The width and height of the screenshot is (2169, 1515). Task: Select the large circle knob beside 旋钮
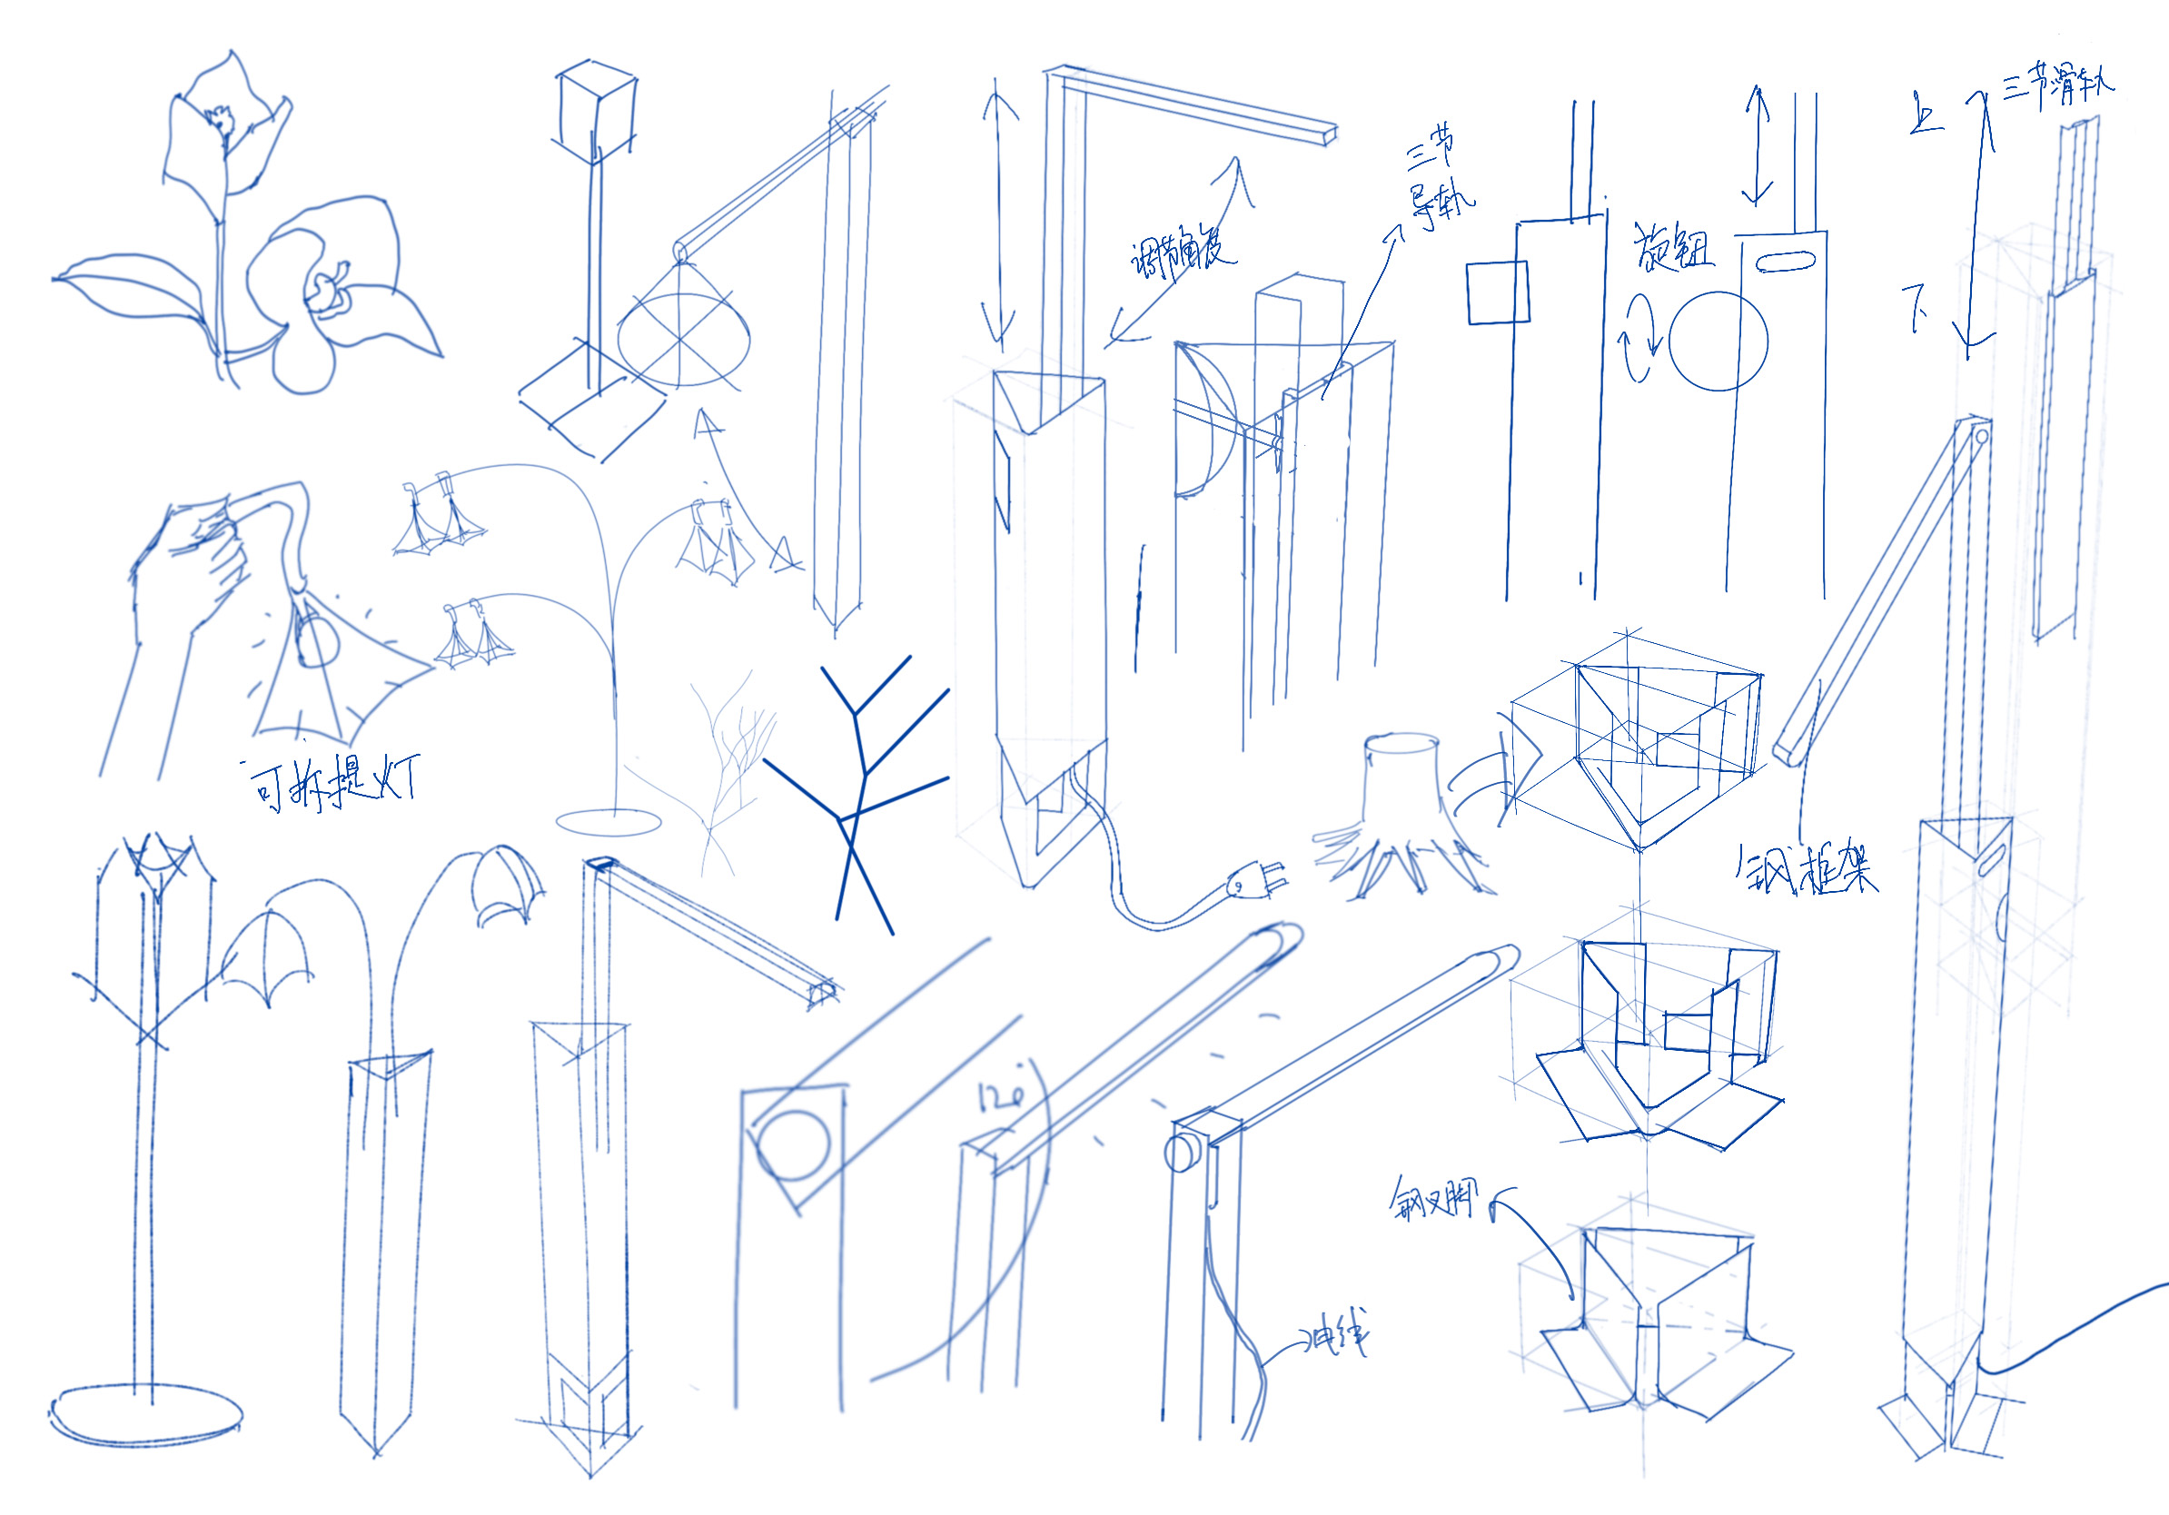point(1718,341)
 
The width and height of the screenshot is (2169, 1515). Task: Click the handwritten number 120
point(1001,1096)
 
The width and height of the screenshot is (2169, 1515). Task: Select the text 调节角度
point(1181,253)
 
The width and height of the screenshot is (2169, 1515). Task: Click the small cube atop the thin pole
point(597,109)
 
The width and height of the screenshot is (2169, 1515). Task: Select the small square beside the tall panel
point(1498,292)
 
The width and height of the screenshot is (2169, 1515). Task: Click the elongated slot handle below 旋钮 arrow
point(1787,260)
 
